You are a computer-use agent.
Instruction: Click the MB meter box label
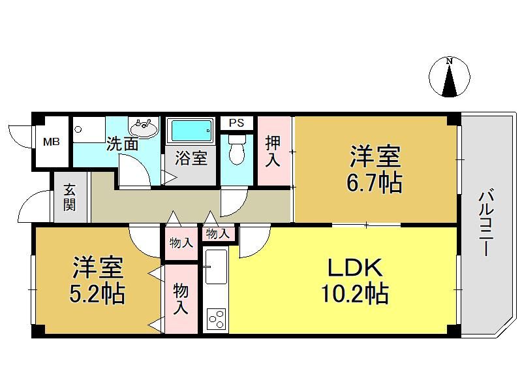point(52,142)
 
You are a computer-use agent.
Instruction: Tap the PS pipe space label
point(236,123)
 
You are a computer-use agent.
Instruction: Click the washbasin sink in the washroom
point(144,127)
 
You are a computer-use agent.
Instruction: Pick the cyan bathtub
point(191,131)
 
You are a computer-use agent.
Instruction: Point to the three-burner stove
point(217,319)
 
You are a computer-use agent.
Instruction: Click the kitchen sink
point(216,267)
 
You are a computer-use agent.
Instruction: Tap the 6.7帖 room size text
point(375,183)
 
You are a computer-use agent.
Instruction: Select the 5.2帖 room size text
point(97,293)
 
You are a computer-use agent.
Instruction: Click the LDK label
point(355,268)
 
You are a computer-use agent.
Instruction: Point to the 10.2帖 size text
point(355,293)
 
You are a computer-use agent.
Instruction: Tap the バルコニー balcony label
point(485,223)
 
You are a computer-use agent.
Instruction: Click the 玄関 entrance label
point(70,197)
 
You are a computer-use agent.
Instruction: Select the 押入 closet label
point(273,152)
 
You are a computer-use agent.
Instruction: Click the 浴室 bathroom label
point(191,157)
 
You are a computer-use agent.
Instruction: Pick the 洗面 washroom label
point(122,144)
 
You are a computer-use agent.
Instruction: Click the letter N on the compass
point(450,61)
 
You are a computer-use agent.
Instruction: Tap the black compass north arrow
point(450,80)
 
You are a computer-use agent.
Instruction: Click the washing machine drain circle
point(78,129)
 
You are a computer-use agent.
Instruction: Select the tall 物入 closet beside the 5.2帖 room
point(180,299)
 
